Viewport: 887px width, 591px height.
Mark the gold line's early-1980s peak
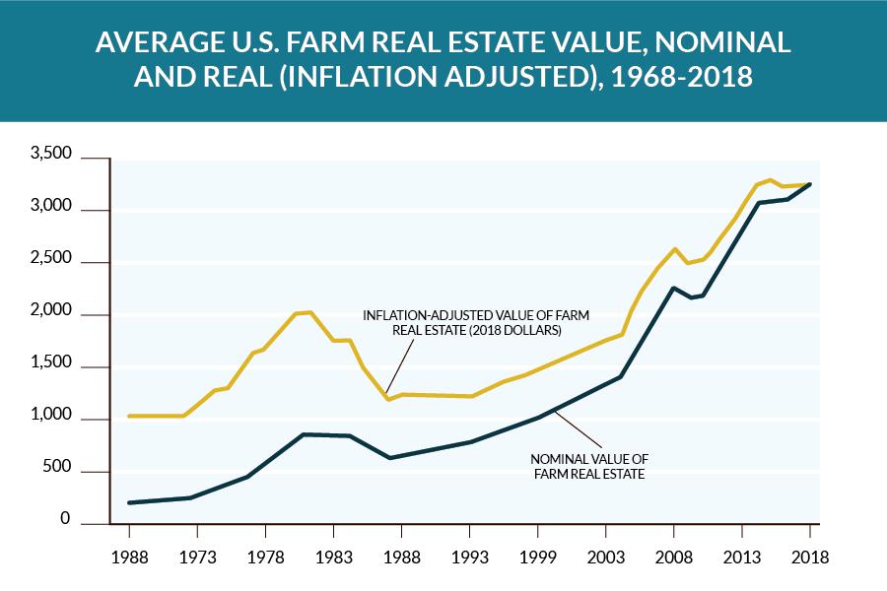309,312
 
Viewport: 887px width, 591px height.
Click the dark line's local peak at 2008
673,288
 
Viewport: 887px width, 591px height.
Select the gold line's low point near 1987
388,399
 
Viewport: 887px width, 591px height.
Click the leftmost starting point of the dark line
129,502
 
